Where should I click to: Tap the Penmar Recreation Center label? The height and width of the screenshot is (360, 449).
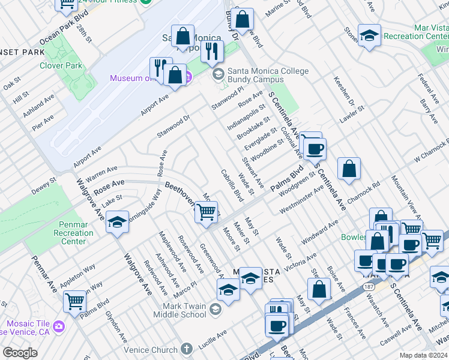73,232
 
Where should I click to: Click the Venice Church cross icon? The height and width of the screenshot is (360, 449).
187,349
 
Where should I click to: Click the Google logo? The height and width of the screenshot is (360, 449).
20,353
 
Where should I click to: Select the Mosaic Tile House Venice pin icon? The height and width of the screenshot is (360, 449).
59,326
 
